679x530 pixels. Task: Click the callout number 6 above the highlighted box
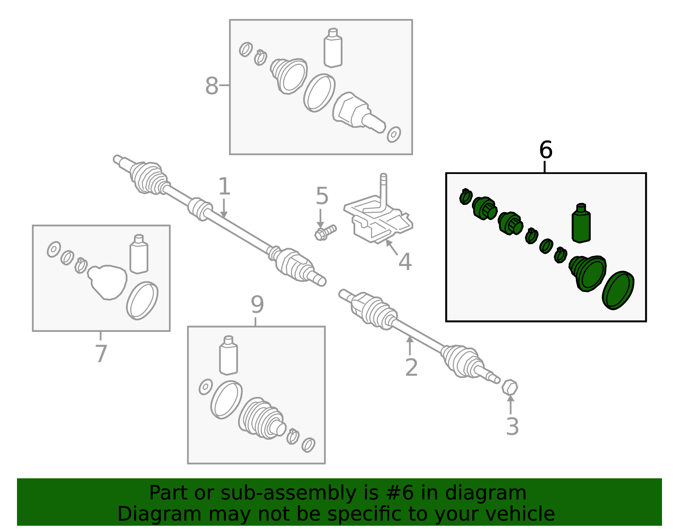(x=546, y=150)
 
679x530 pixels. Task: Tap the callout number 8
(x=211, y=85)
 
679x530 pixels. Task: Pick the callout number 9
(x=257, y=305)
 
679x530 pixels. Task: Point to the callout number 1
(x=224, y=186)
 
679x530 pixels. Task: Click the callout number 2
(x=411, y=367)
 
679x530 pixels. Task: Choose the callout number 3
(x=513, y=426)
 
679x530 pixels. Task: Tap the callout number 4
(x=405, y=261)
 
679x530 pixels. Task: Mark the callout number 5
(x=322, y=196)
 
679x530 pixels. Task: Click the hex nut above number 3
(x=510, y=387)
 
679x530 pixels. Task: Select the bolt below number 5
(x=325, y=233)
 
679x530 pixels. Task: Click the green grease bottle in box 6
(x=581, y=223)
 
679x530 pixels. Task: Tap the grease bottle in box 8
(x=333, y=48)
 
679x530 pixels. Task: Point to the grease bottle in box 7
(x=139, y=254)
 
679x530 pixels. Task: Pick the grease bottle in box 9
(x=228, y=356)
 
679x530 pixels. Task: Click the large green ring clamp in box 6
(x=618, y=290)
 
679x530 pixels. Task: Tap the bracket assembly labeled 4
(x=378, y=212)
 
